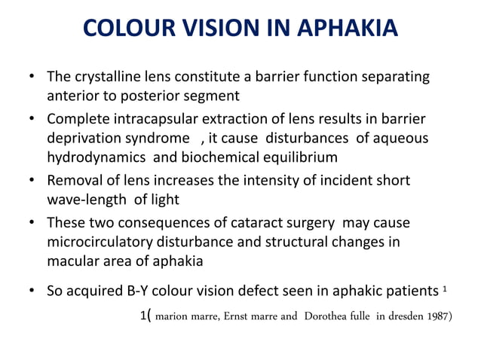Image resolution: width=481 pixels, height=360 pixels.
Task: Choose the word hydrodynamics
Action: pos(96,157)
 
